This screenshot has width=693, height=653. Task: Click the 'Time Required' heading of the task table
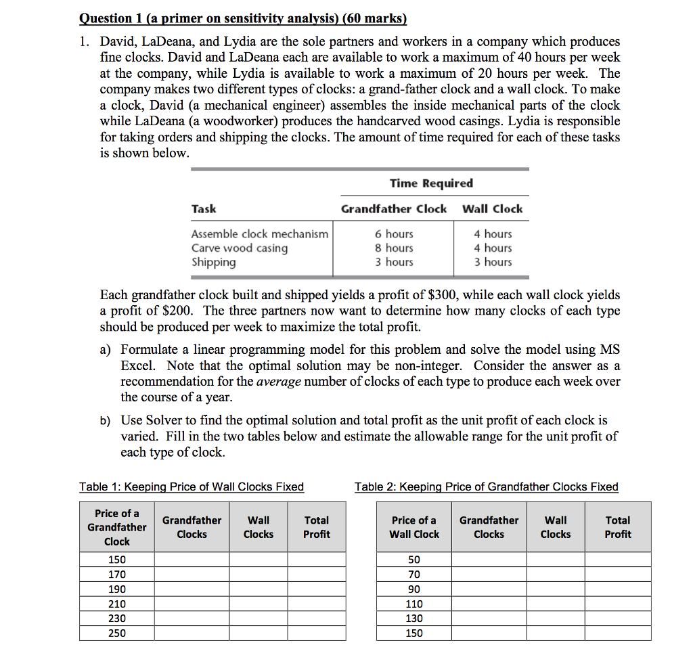431,183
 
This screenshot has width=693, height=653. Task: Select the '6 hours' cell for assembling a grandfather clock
394,233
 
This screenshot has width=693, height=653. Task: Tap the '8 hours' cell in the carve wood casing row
394,248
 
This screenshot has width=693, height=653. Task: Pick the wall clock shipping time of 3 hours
493,262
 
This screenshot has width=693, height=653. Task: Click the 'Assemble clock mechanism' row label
259,233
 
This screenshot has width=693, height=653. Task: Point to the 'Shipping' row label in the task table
213,262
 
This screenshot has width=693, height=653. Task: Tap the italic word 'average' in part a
278,381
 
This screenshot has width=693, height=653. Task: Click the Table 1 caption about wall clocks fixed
192,487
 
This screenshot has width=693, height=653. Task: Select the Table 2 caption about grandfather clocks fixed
486,487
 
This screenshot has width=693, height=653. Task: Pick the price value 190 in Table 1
116,589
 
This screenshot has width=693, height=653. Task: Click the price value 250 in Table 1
116,633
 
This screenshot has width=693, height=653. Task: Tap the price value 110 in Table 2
413,604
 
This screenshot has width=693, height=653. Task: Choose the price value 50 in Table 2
413,560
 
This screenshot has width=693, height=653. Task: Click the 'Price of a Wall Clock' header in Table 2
413,527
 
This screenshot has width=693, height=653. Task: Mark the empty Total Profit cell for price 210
316,604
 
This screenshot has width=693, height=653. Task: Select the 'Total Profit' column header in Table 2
617,527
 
